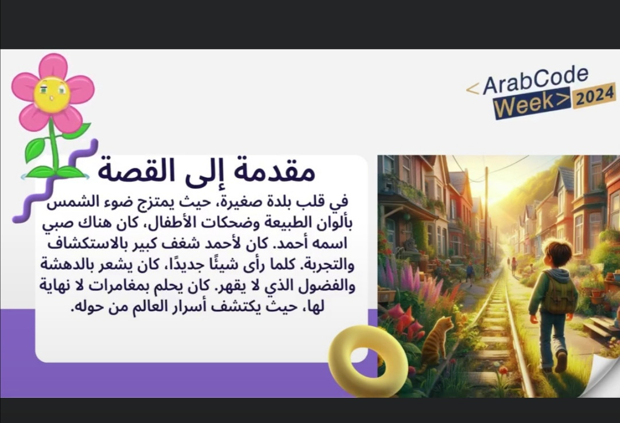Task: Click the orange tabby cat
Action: (437, 341)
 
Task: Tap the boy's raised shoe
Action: (561, 361)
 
